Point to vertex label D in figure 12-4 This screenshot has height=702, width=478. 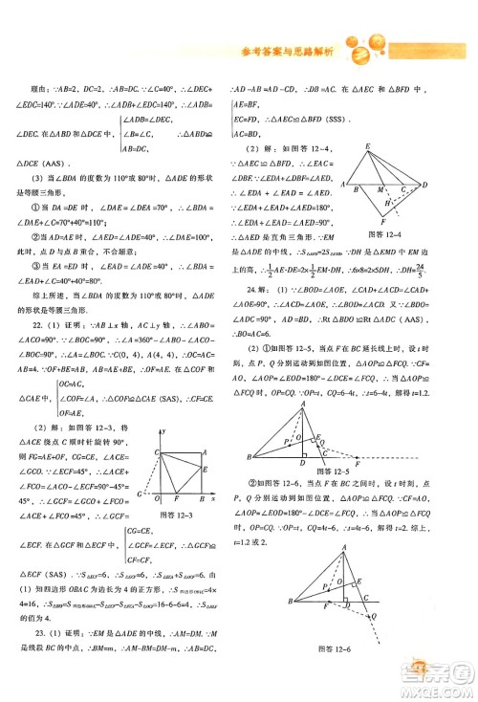[x=424, y=184]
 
